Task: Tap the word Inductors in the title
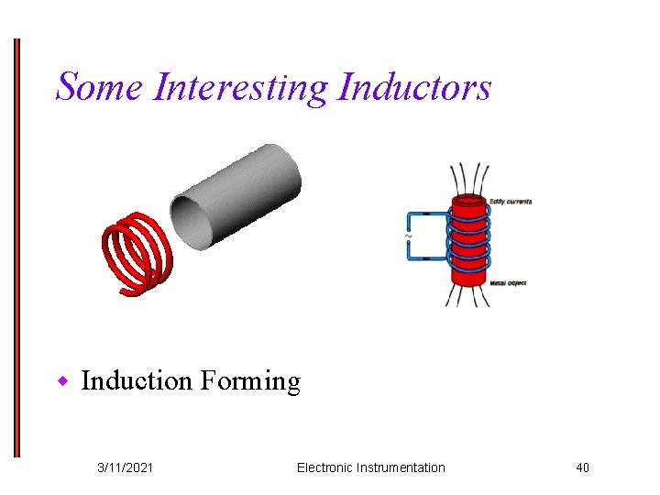point(414,87)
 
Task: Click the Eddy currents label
point(510,202)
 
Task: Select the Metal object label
point(508,283)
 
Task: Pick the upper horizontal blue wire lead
point(427,215)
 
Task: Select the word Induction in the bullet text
point(136,380)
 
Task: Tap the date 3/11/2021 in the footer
point(126,467)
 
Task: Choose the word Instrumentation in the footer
point(403,467)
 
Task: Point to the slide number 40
point(582,467)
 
